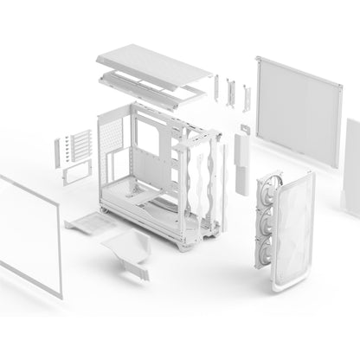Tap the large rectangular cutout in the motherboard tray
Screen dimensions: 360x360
[148, 138]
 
